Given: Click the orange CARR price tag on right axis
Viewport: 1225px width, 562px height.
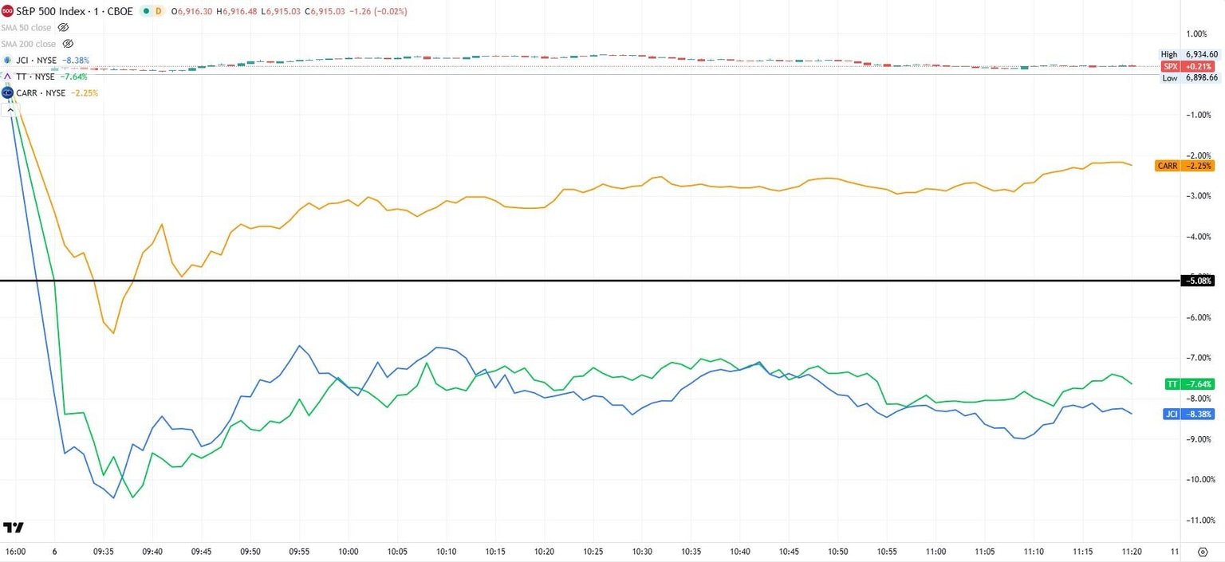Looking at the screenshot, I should pos(1184,166).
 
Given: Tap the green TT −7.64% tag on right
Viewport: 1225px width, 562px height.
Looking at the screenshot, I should pos(1189,384).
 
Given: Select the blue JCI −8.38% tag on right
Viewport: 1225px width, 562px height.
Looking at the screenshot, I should pos(1189,414).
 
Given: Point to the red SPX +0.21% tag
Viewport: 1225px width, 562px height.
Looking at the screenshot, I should pos(1189,66).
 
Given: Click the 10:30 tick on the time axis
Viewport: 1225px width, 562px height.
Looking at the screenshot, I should pos(642,552).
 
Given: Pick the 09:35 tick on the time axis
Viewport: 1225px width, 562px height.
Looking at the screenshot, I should pos(104,552).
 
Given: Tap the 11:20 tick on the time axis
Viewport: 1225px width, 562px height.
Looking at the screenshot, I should pos(1132,552).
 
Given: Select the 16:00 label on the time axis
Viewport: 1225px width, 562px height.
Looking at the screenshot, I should pos(15,552).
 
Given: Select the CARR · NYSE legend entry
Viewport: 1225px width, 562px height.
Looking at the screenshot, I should pos(41,93).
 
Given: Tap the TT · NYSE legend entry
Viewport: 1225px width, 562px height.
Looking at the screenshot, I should pos(35,77).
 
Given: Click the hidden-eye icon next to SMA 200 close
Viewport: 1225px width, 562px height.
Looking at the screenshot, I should pos(68,44).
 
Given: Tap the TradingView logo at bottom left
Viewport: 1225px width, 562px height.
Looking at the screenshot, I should pos(14,528).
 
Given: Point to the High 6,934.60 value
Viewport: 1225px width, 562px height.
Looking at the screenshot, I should pos(1201,54).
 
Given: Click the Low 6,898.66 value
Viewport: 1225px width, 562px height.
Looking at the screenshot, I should pos(1201,78).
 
